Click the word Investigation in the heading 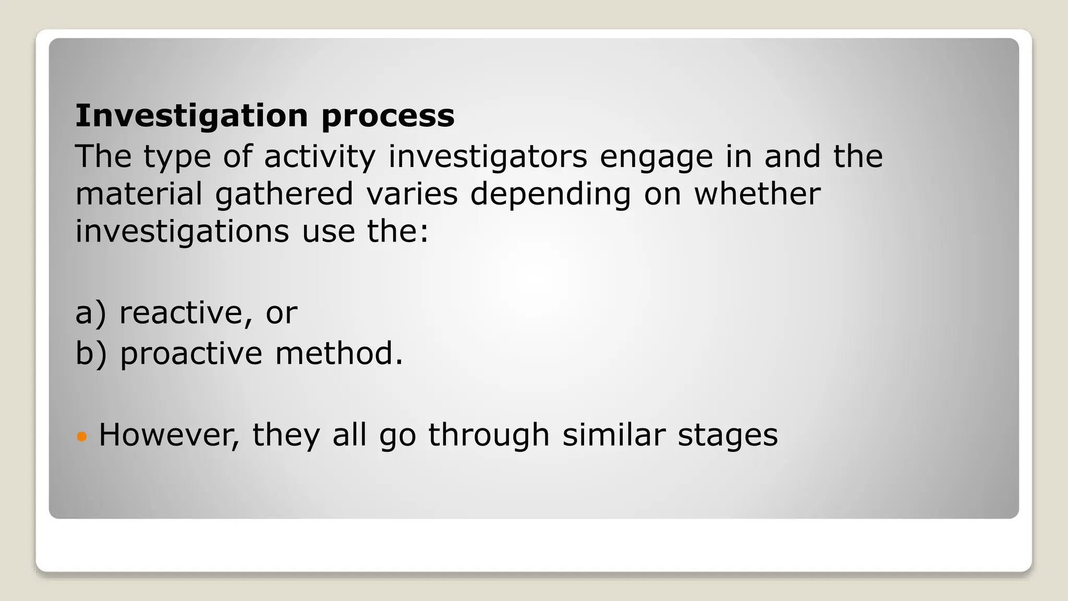tap(191, 116)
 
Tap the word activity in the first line tap(319, 157)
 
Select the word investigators tap(488, 157)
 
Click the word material tap(139, 194)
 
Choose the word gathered tap(284, 195)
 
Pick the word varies tap(411, 194)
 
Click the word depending tap(550, 195)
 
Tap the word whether tap(757, 194)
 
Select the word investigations tap(182, 232)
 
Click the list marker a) tap(91, 313)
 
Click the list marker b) tap(91, 354)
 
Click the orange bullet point tap(81, 435)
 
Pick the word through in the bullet tap(489, 436)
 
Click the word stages tap(727, 436)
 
